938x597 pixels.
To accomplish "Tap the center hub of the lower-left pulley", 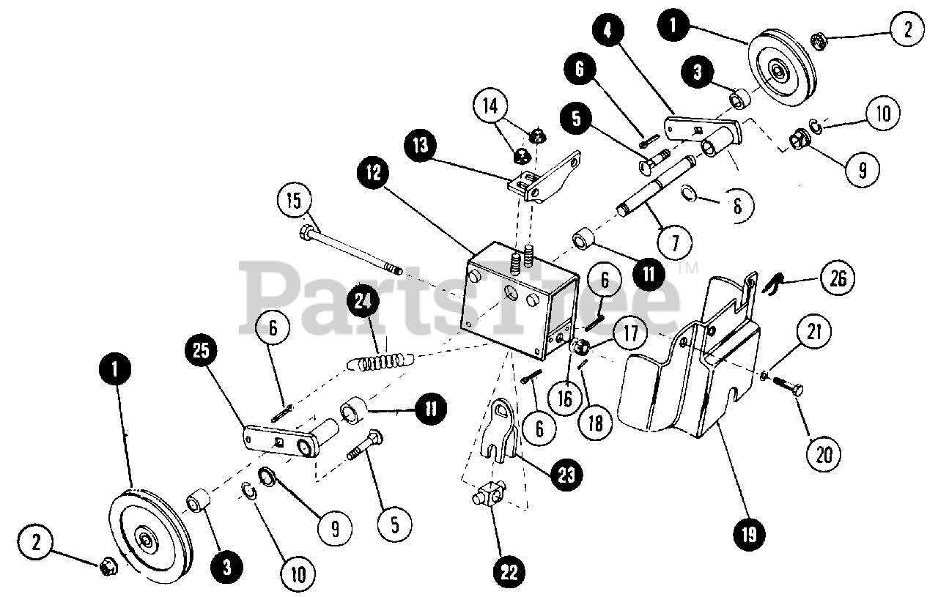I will coord(147,541).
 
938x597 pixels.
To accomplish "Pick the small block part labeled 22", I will coord(485,499).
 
